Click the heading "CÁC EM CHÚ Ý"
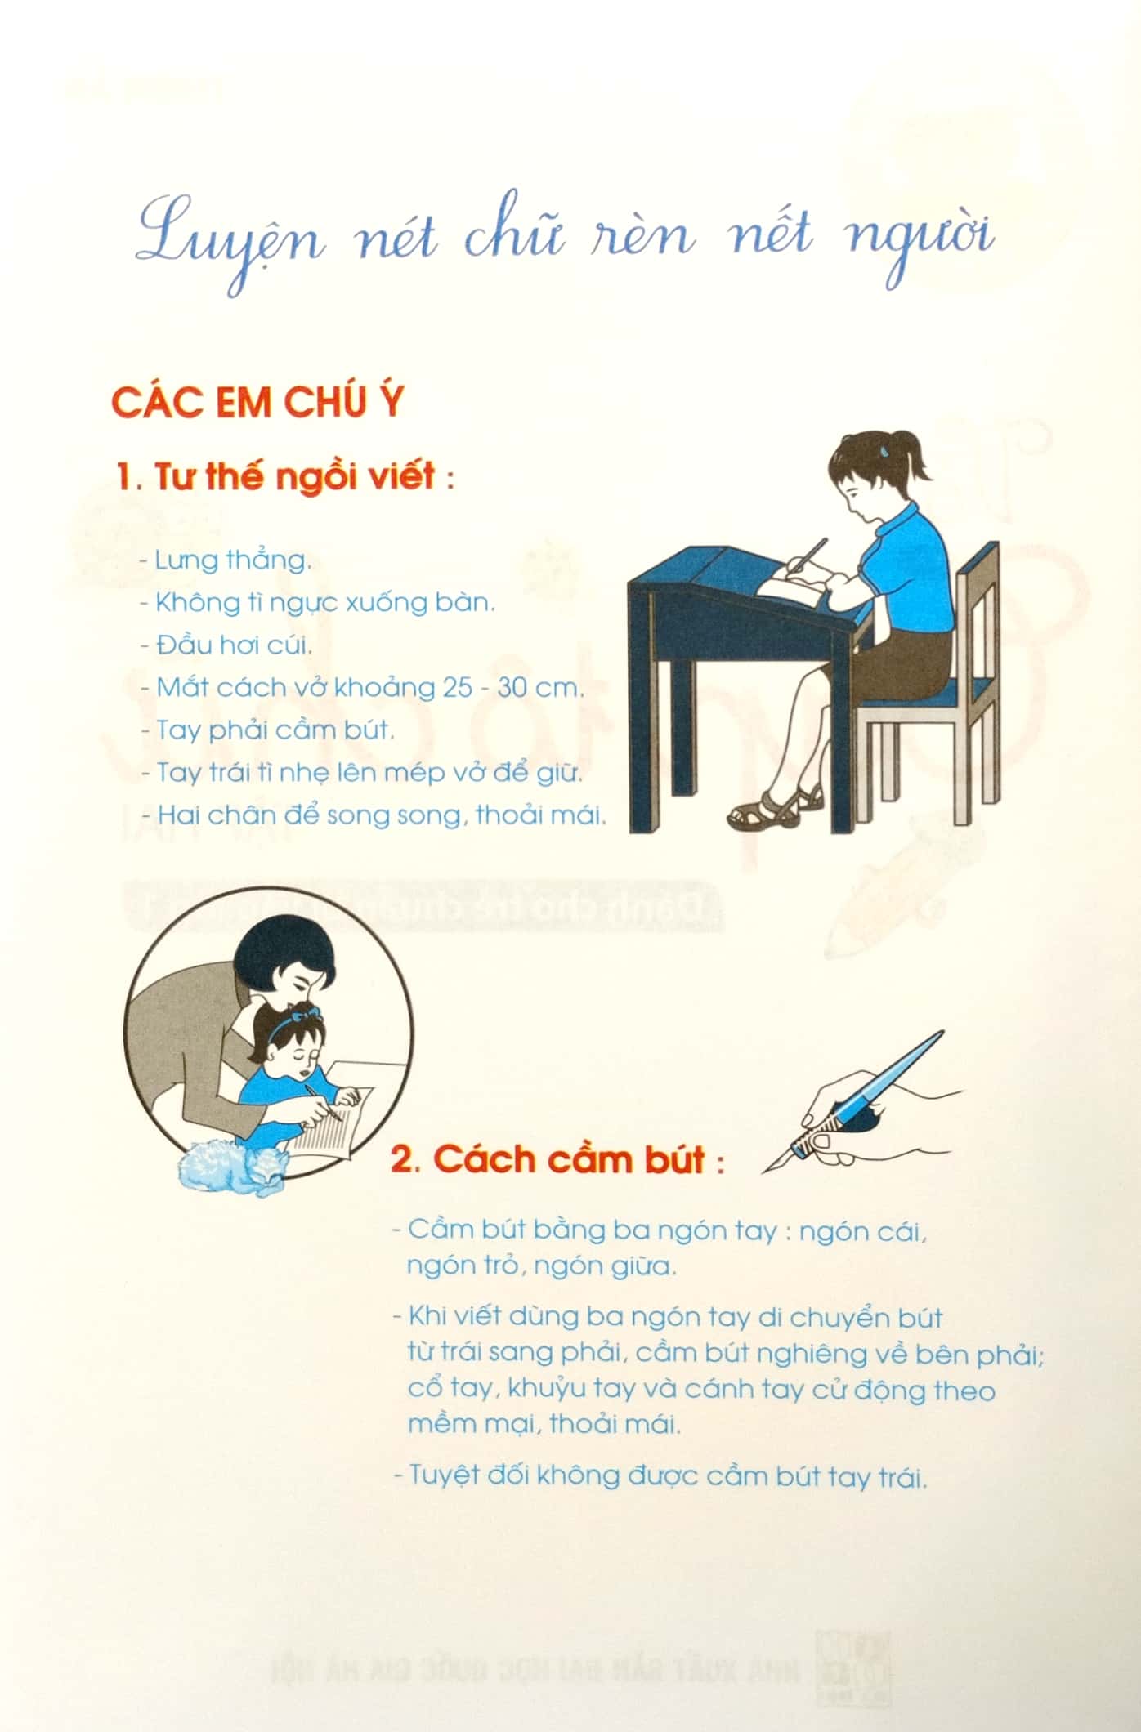click(x=257, y=403)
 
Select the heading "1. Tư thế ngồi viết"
click(x=284, y=475)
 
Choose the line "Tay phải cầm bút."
click(x=275, y=730)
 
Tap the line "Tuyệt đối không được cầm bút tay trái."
click(x=660, y=1476)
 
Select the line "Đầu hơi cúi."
click(x=234, y=645)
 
